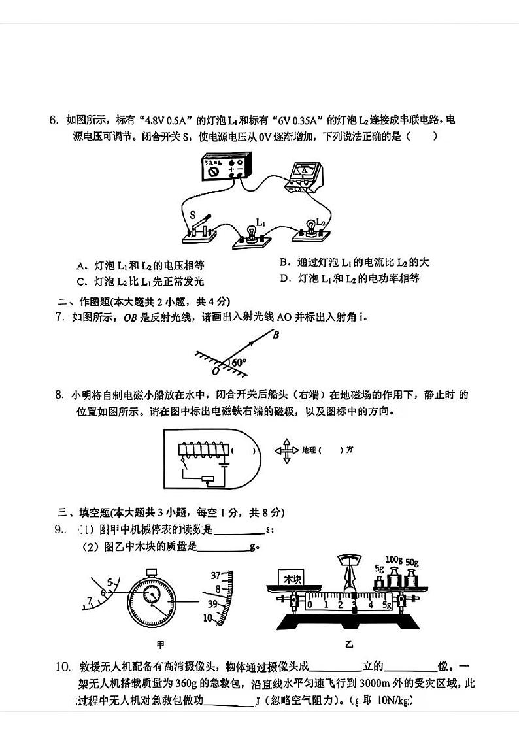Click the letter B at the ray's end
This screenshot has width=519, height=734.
pyautogui.click(x=276, y=335)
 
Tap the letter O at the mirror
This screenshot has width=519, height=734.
pyautogui.click(x=216, y=371)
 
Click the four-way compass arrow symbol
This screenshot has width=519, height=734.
pyautogui.click(x=286, y=450)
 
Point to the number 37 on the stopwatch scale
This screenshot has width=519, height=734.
pyautogui.click(x=215, y=576)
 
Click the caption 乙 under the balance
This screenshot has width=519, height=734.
pyautogui.click(x=349, y=644)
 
